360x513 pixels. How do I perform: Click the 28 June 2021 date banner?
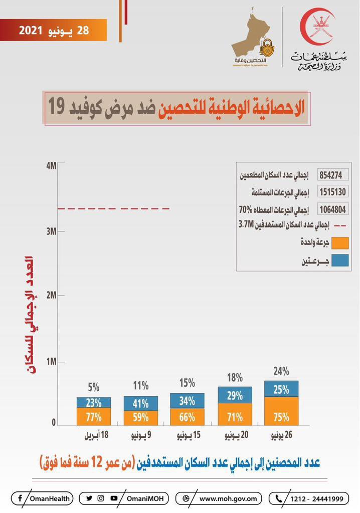(x=54, y=30)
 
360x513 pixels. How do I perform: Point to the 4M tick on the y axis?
(x=52, y=165)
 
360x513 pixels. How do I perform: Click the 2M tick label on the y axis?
(x=51, y=296)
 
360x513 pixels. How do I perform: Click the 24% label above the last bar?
(x=281, y=371)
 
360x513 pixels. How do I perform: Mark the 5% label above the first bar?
(x=94, y=387)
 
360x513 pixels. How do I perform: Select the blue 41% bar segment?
(x=141, y=403)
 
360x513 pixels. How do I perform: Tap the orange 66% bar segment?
(x=187, y=417)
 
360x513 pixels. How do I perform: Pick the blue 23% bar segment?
(x=94, y=402)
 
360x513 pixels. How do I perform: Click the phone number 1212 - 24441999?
(x=308, y=498)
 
